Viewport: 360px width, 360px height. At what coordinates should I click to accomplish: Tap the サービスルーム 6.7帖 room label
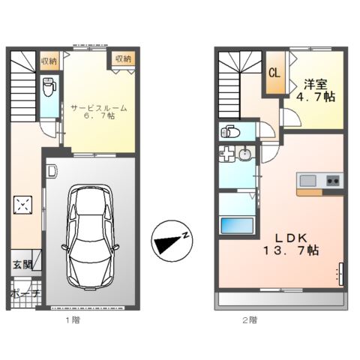pos(98,112)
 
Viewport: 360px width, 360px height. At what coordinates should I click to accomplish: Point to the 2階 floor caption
pos(250,319)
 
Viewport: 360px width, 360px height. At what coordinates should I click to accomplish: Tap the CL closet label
pos(274,73)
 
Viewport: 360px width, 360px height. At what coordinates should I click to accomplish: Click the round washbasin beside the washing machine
pos(244,156)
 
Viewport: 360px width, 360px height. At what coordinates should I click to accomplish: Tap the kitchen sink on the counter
pos(308,180)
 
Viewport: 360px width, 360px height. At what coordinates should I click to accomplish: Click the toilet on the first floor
pos(49,87)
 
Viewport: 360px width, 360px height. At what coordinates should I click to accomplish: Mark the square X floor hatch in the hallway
pos(24,204)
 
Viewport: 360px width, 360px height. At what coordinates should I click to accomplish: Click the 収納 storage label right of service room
pos(122,58)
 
